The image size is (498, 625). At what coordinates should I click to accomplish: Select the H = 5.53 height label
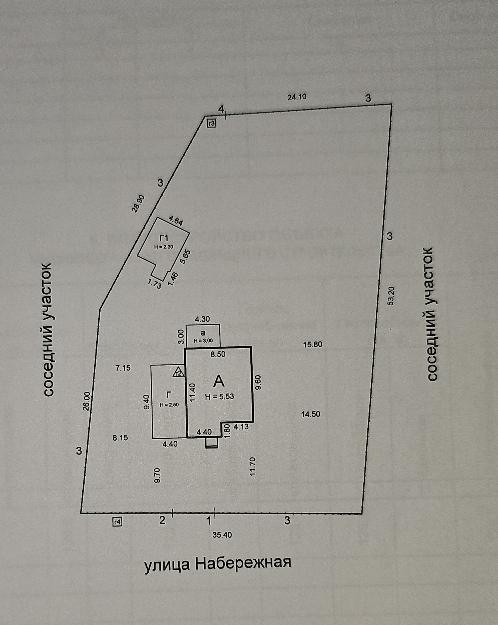(x=219, y=397)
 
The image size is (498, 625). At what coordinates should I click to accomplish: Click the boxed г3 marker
(x=212, y=124)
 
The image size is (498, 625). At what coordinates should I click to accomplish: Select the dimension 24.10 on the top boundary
(x=297, y=97)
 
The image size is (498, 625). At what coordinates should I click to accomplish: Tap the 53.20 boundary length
(x=391, y=296)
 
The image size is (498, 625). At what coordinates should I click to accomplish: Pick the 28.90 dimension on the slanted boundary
(x=138, y=203)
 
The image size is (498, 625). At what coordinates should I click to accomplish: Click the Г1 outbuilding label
(x=164, y=239)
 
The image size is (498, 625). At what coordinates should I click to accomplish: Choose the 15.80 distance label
(x=312, y=345)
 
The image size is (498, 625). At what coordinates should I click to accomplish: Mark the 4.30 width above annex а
(x=203, y=319)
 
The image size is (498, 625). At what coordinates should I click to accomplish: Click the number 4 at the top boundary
(x=221, y=109)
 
